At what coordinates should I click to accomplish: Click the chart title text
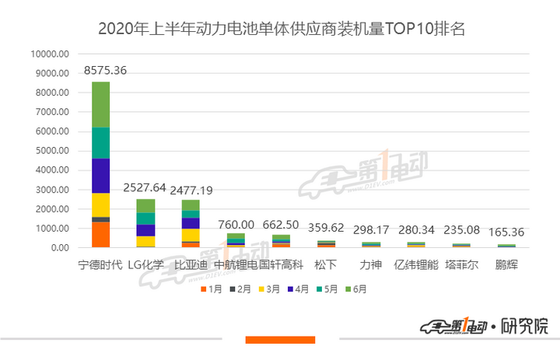(x=281, y=30)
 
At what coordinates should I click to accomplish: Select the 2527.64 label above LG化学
(x=145, y=187)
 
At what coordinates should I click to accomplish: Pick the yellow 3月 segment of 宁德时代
(x=101, y=204)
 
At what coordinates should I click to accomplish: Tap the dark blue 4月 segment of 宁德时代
(x=101, y=176)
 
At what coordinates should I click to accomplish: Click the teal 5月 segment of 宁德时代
(x=101, y=143)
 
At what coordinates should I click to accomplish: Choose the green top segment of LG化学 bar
(x=145, y=206)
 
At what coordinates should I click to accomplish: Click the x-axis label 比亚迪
(x=190, y=264)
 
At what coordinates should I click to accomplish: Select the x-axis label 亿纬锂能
(x=414, y=264)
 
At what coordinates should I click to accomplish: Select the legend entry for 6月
(x=357, y=289)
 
